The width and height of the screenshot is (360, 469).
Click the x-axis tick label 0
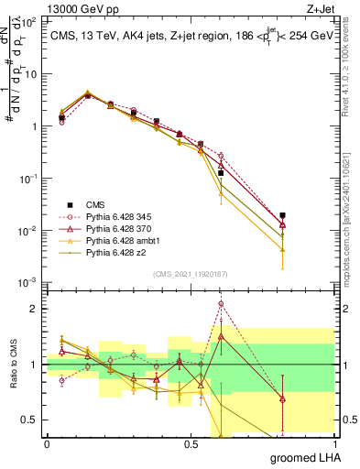tap(47, 443)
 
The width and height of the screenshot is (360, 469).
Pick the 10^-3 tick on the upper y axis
tap(32, 281)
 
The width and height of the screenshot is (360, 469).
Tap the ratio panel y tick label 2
tap(35, 309)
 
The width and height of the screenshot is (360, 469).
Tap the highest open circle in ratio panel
tap(221, 303)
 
